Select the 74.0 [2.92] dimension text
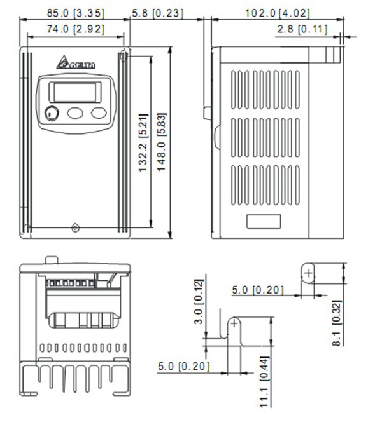tap(75, 29)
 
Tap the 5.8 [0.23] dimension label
tap(157, 13)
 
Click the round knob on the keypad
tap(52, 114)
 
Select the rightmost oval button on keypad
tap(98, 113)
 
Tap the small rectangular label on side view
tap(264, 222)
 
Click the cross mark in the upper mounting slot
tap(308, 273)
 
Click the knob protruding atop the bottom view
tap(51, 259)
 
